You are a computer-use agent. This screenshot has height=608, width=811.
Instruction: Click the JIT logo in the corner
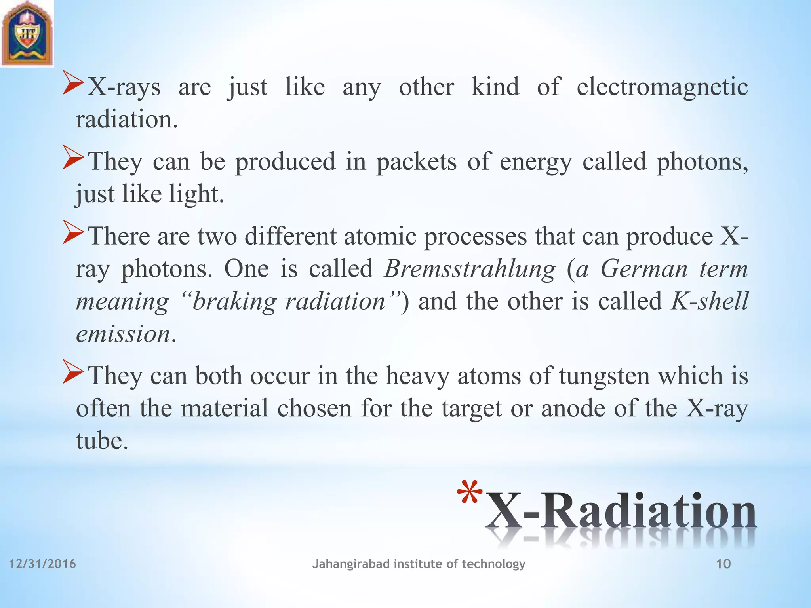click(27, 33)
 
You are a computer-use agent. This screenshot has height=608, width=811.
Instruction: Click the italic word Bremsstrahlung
click(470, 269)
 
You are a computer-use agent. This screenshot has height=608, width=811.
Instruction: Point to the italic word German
click(644, 269)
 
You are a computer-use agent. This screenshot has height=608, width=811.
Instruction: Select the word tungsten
click(604, 376)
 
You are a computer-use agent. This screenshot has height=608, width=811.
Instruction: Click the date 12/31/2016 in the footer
click(42, 564)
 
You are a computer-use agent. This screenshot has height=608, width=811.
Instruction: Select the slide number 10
click(723, 564)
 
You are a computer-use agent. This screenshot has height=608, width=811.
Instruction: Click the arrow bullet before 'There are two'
click(73, 235)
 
